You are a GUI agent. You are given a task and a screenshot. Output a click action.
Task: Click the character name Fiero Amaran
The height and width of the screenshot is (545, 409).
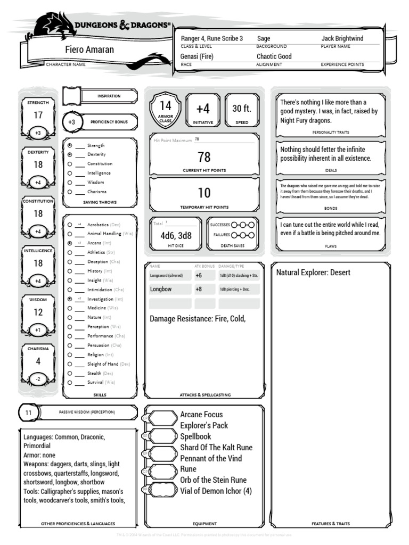tap(89, 49)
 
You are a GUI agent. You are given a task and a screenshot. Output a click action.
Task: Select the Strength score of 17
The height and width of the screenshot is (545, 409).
tap(38, 115)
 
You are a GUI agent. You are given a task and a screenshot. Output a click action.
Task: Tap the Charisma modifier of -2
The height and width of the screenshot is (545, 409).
tap(38, 379)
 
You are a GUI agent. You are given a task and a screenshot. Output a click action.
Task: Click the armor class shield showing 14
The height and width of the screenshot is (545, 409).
tap(166, 109)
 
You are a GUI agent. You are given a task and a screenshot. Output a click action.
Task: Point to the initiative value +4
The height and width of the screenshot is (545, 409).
tap(203, 109)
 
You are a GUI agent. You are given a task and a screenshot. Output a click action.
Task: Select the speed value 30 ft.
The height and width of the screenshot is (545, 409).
tap(241, 109)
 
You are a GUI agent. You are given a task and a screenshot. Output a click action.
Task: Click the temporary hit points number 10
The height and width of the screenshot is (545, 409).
tap(204, 193)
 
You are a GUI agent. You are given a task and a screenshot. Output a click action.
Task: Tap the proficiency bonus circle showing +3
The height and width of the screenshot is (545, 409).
tap(72, 121)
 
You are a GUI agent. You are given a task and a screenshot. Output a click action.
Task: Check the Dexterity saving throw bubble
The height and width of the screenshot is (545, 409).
tap(70, 154)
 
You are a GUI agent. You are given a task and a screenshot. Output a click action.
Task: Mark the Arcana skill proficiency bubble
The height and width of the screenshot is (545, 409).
tap(70, 243)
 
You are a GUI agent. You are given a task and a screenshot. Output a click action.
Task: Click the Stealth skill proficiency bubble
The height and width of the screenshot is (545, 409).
tap(70, 373)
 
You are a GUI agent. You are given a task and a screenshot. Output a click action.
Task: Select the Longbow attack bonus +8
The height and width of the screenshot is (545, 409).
tap(199, 290)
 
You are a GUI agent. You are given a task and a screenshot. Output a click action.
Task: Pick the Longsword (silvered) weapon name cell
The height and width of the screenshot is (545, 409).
tap(169, 276)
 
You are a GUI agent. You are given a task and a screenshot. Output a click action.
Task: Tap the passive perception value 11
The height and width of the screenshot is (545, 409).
tap(29, 412)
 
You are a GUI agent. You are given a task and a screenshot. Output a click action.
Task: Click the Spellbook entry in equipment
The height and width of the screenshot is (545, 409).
tap(196, 436)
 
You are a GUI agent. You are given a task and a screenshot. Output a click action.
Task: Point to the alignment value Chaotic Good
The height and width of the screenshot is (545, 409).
tap(274, 56)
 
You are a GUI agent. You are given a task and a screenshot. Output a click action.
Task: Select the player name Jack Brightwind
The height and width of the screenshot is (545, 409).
tap(342, 38)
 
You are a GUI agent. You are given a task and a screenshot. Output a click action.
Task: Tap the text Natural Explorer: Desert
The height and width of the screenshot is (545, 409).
tap(313, 272)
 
